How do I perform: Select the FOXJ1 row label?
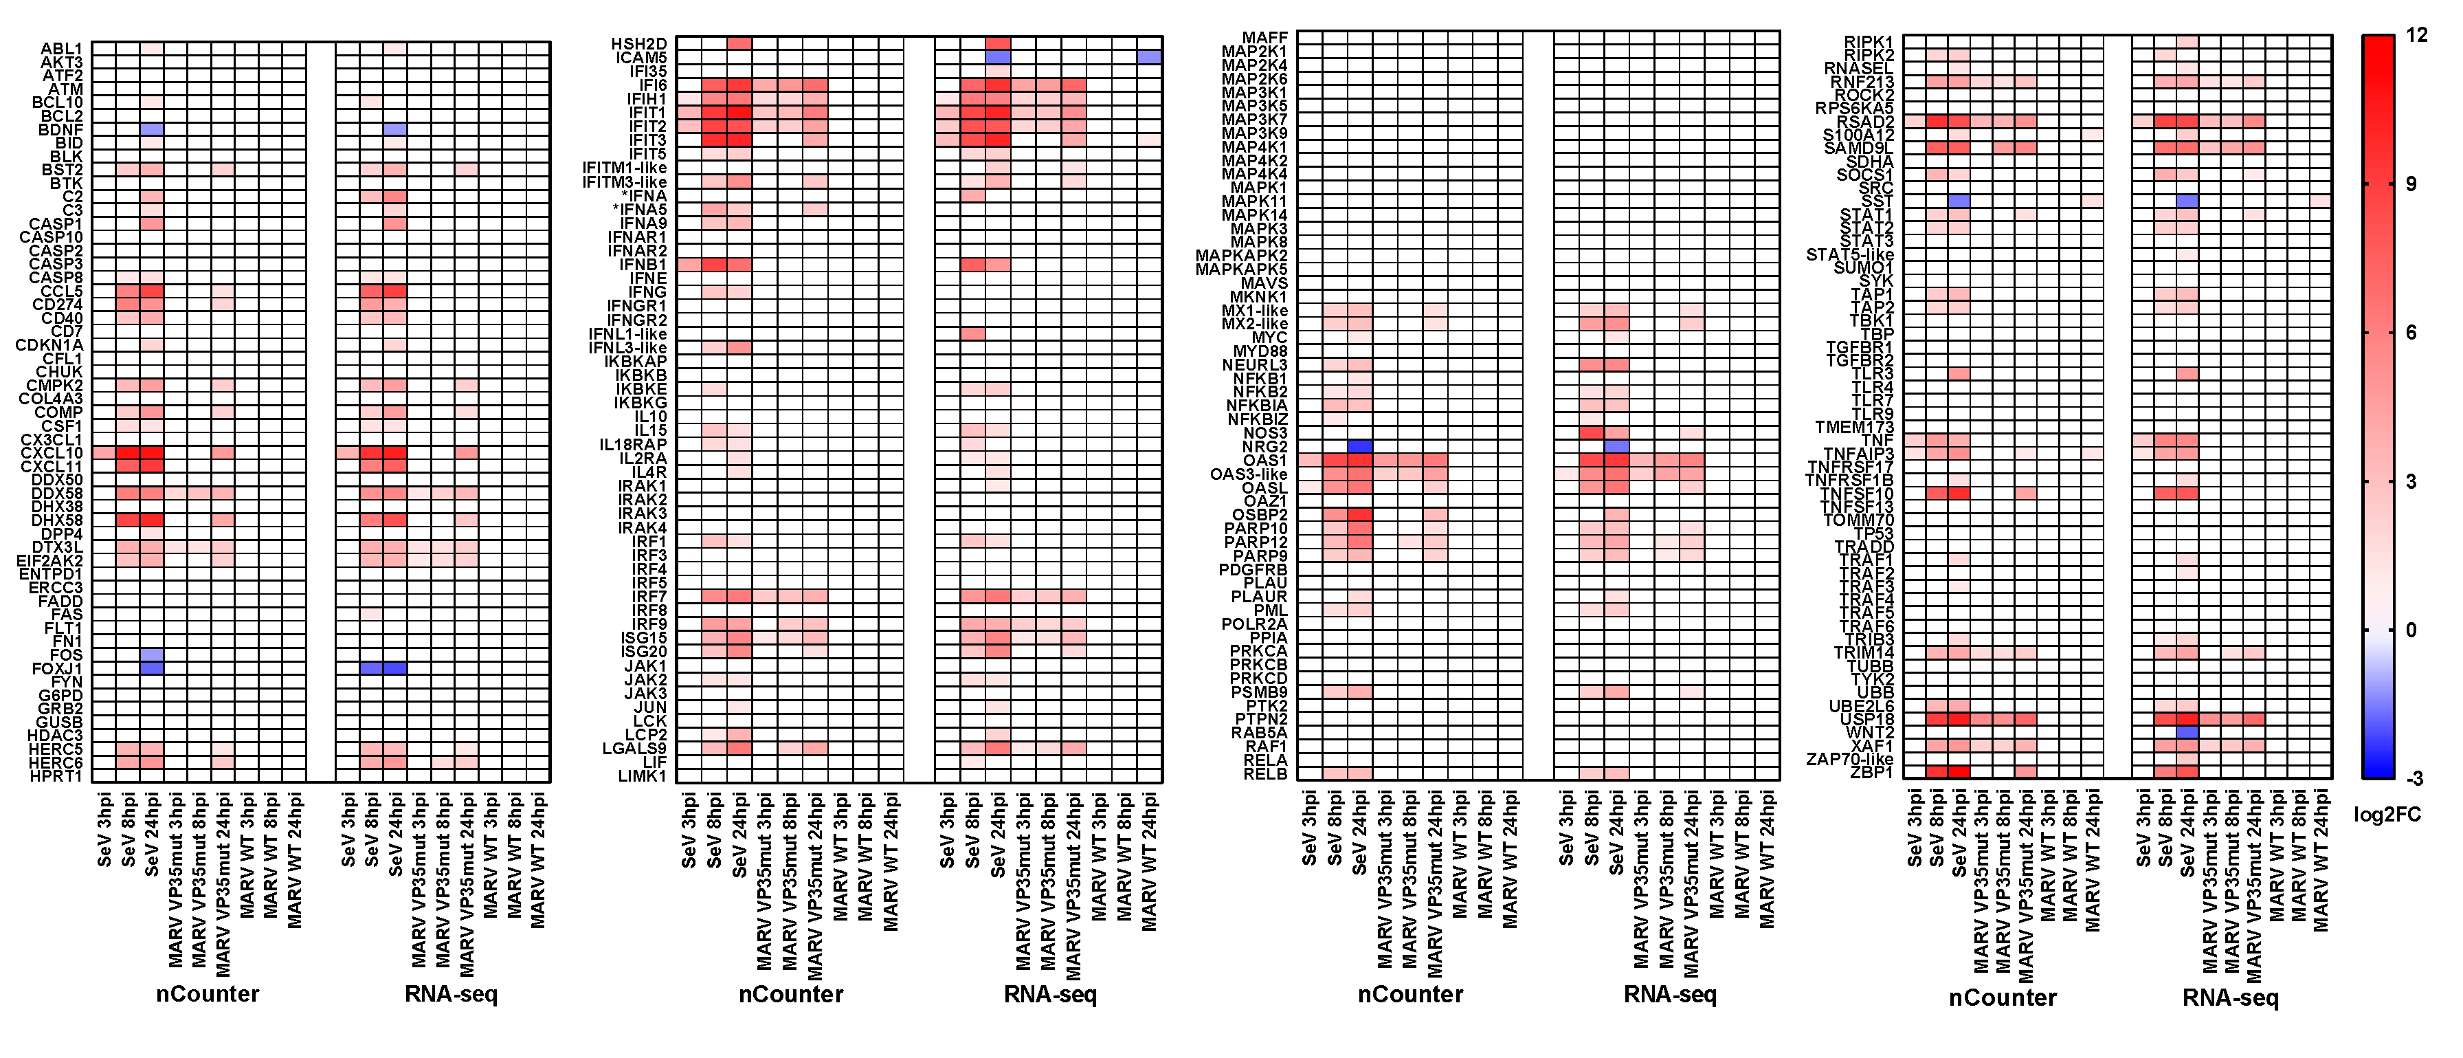(56, 669)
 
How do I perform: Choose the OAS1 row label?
(1264, 460)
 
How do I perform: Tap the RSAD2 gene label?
(1864, 122)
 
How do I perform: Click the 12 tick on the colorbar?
(2416, 35)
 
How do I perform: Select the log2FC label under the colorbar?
(2387, 815)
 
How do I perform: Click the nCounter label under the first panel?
(208, 994)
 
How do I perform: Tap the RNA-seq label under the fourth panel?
(2230, 998)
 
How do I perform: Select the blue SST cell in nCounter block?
(1958, 201)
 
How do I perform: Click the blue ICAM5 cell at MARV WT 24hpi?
(1149, 57)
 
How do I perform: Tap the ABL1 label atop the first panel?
(61, 48)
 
